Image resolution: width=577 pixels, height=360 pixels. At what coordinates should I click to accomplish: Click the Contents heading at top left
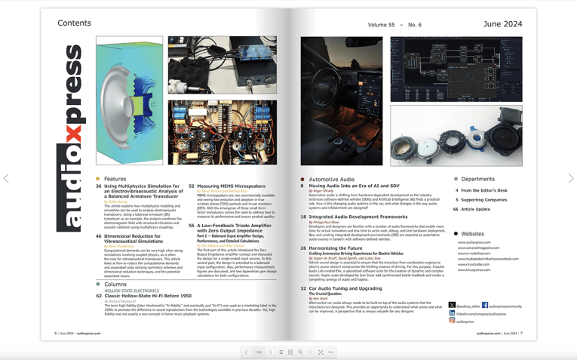point(74,23)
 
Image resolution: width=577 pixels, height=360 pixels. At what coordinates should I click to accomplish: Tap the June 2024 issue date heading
point(502,24)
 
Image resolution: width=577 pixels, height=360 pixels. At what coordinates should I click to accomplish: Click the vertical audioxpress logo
point(73,137)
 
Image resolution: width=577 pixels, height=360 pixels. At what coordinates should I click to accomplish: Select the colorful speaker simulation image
point(129,100)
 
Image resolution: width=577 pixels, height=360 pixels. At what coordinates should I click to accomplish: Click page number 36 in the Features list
point(99,186)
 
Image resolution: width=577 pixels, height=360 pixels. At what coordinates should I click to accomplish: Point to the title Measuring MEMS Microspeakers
point(232,186)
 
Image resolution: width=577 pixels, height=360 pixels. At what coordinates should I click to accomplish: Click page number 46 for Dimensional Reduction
point(99,236)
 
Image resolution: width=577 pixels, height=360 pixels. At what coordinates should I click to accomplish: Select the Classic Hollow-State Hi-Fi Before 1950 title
point(148,296)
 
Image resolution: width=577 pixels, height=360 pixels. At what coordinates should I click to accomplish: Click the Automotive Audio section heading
point(331,180)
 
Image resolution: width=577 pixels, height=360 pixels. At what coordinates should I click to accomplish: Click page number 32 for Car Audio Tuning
point(303,288)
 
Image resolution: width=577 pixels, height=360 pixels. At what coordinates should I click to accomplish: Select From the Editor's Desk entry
point(484,191)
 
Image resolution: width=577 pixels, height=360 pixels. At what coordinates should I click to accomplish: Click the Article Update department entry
point(475,209)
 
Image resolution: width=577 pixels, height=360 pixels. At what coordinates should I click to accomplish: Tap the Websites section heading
point(472,234)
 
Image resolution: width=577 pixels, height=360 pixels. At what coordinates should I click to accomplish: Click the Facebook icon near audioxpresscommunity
point(485,306)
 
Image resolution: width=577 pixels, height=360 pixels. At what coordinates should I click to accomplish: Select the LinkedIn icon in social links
point(453,313)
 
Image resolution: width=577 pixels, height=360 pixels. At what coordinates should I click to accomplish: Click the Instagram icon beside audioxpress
point(453,321)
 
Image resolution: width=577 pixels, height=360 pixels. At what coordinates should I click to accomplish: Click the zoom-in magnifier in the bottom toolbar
point(300,352)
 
